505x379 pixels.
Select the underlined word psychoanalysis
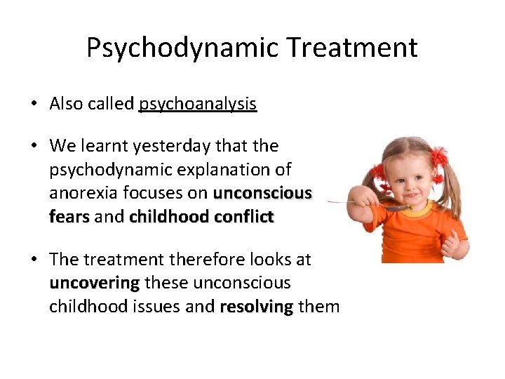click(198, 105)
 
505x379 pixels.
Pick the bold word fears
click(69, 217)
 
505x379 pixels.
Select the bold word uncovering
click(95, 283)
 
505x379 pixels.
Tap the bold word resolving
click(256, 307)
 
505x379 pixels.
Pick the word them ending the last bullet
click(318, 307)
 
